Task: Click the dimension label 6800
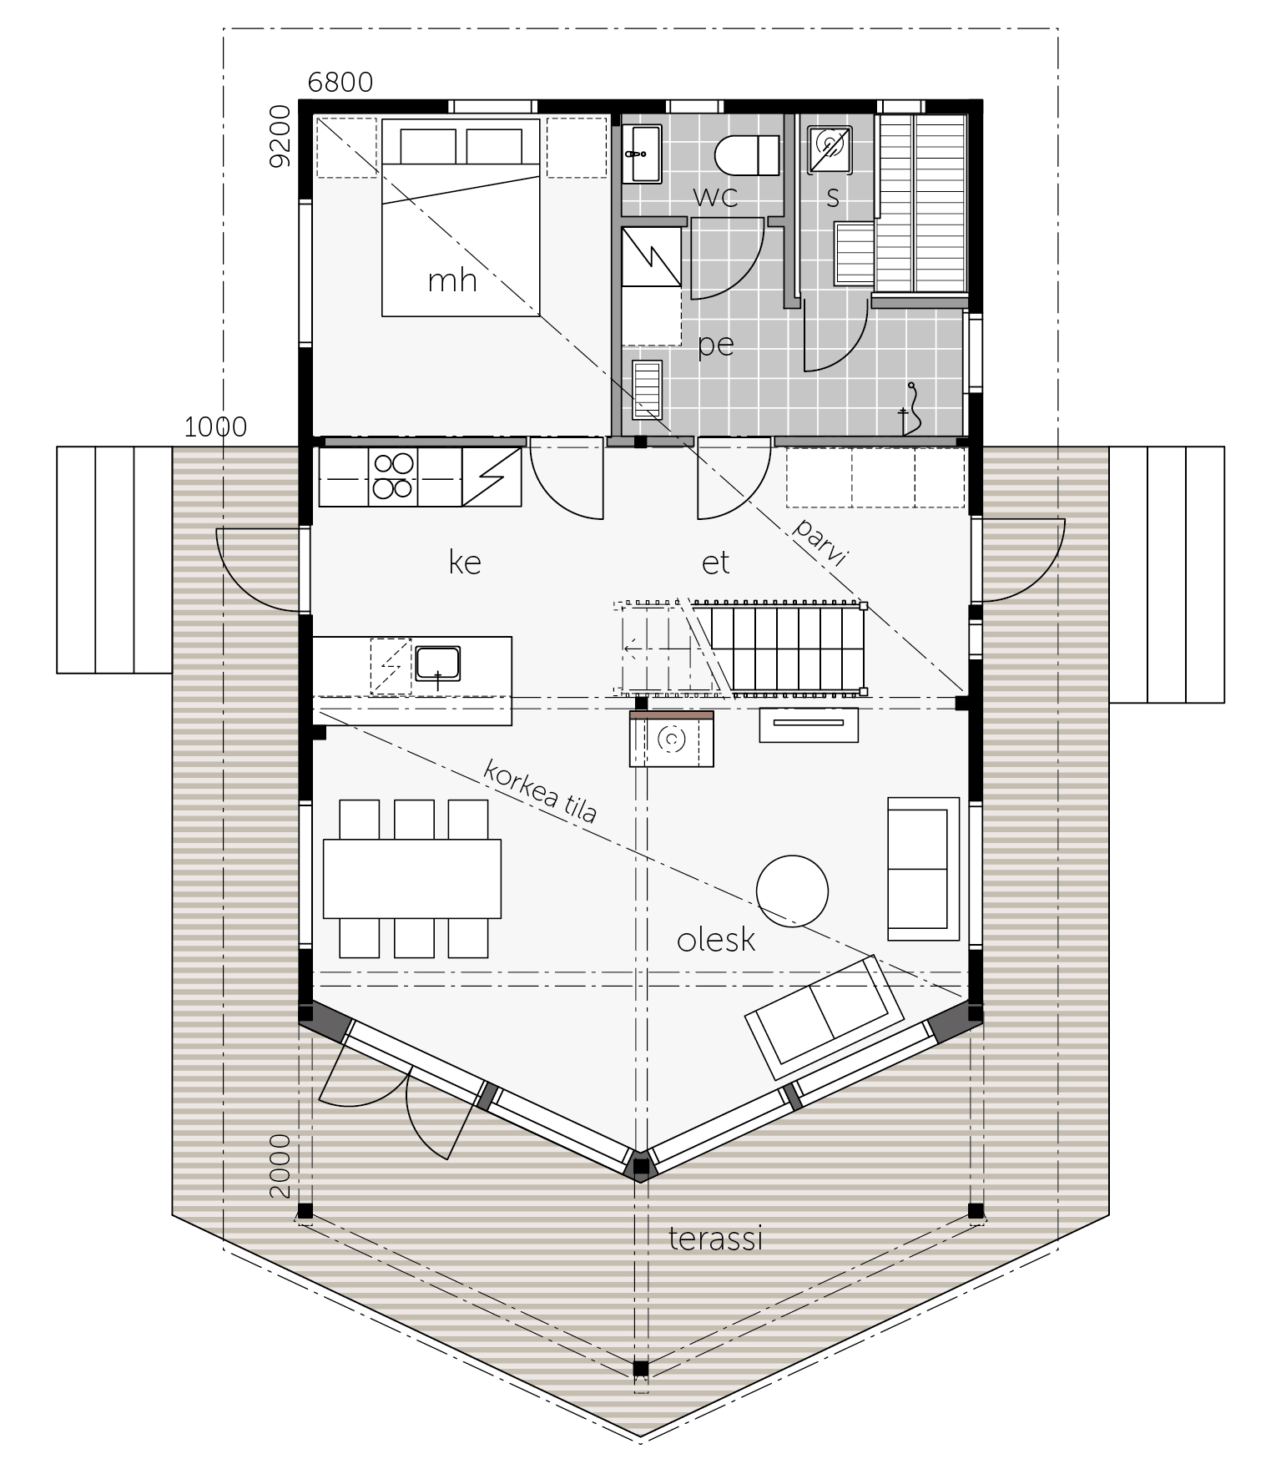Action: tap(340, 83)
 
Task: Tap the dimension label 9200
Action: tap(280, 135)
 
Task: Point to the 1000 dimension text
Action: tap(215, 427)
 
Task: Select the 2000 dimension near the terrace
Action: tap(280, 1166)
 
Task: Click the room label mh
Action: tap(452, 280)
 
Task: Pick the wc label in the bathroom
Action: tap(716, 197)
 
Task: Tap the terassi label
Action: tap(716, 1239)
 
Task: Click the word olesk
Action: tap(716, 940)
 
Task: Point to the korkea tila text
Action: tap(541, 790)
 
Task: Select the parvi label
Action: tap(820, 543)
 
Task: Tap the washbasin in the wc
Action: tap(642, 153)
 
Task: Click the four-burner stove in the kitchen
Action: tap(392, 477)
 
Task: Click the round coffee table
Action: tap(792, 891)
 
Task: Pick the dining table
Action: tap(412, 878)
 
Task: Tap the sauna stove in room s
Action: tap(830, 149)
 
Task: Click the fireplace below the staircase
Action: tap(672, 739)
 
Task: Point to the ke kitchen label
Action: tap(465, 562)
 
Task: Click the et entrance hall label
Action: tap(716, 563)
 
